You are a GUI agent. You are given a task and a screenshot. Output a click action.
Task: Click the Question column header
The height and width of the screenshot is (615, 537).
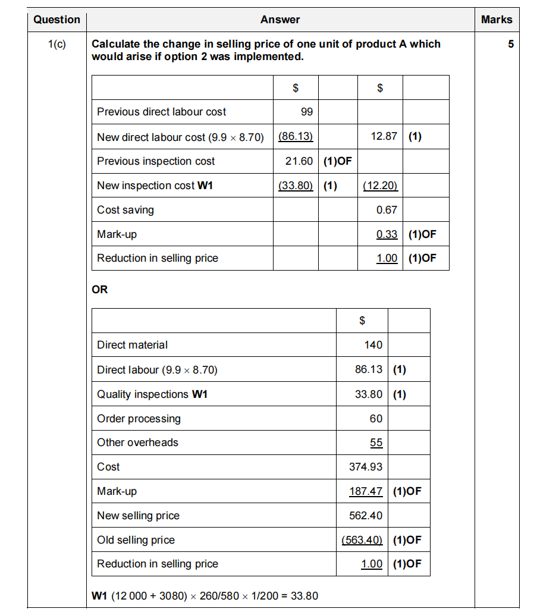click(56, 20)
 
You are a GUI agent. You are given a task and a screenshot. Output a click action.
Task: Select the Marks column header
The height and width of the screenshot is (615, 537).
click(497, 20)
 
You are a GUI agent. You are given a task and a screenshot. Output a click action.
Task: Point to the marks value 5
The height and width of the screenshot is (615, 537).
click(510, 44)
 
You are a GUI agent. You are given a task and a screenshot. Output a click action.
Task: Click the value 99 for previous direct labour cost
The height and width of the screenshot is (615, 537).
click(307, 112)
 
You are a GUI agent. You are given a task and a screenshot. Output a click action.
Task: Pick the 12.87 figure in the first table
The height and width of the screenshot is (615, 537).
click(384, 136)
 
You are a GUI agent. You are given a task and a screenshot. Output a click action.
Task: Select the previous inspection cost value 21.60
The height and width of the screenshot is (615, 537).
click(299, 161)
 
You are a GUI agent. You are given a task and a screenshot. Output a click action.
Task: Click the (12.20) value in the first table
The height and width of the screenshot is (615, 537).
click(381, 186)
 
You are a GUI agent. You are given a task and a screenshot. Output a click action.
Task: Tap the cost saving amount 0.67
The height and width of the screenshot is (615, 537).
click(387, 210)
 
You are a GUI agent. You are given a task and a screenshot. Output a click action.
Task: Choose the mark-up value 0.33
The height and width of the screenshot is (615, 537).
click(387, 234)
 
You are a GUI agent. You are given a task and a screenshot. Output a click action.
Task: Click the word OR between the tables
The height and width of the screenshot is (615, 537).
click(100, 290)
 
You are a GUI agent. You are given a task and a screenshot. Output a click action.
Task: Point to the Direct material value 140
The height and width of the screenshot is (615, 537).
click(373, 345)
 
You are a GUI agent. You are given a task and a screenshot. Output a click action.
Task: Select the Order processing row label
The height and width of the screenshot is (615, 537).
click(139, 419)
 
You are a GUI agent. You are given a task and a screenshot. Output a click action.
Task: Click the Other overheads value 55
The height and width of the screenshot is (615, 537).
click(376, 443)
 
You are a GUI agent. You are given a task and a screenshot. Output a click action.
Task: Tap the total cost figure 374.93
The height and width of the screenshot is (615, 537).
click(366, 467)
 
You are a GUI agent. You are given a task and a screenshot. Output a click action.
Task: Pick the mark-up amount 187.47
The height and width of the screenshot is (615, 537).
click(366, 492)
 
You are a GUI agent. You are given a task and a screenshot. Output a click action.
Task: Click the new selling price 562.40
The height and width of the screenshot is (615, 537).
click(366, 516)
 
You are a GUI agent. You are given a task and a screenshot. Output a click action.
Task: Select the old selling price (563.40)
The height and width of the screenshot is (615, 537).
click(362, 540)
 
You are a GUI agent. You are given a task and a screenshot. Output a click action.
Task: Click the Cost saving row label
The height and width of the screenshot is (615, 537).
click(125, 210)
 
